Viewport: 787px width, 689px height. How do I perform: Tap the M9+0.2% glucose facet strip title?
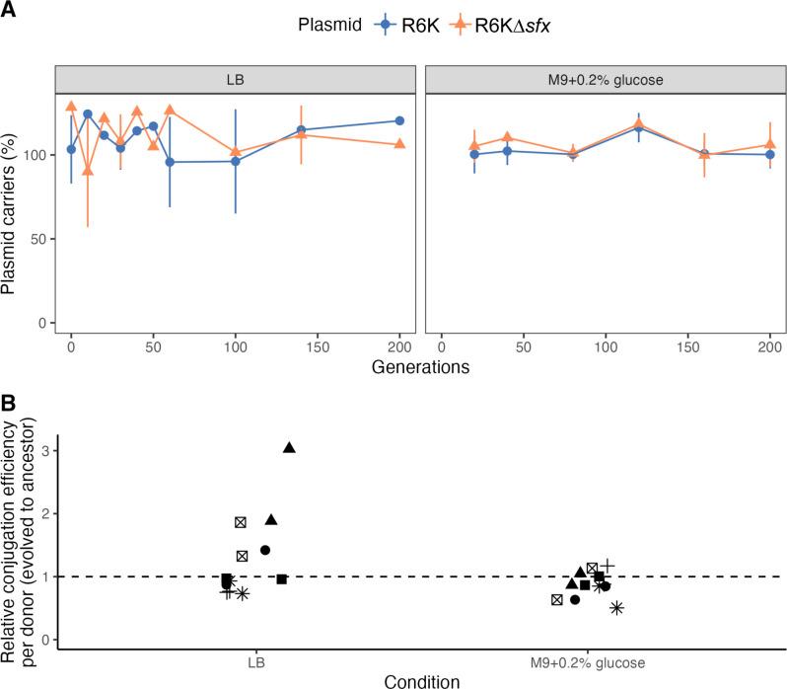pos(605,78)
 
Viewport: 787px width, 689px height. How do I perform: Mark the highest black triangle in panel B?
pos(289,448)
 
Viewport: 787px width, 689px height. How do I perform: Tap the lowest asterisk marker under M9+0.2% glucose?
pos(617,608)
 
